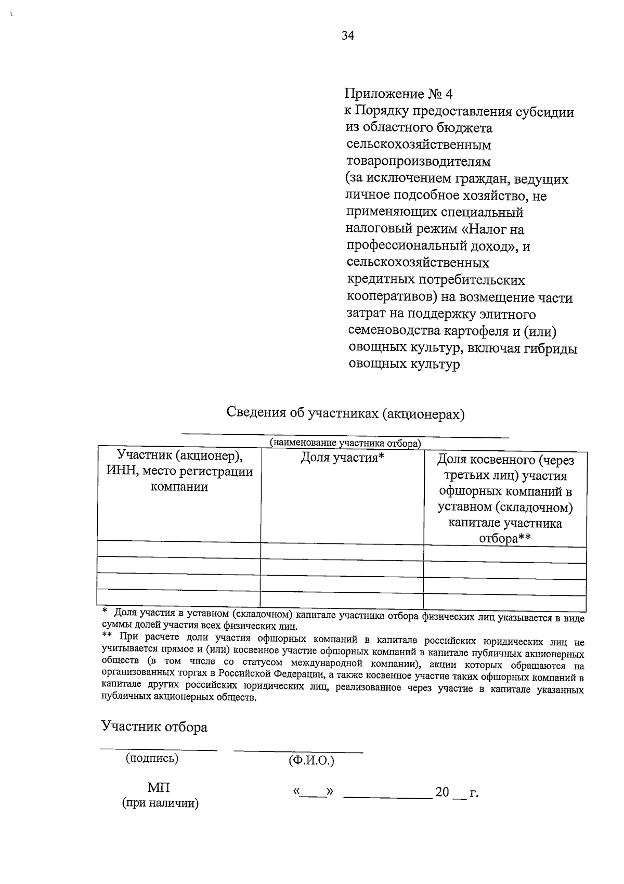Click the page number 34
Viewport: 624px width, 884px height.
[x=348, y=35]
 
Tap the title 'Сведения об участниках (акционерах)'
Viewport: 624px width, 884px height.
[x=345, y=414]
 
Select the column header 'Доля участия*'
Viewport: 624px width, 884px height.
[x=342, y=458]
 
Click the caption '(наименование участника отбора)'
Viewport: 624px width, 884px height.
[x=345, y=443]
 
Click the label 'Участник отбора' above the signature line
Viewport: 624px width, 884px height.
[x=154, y=726]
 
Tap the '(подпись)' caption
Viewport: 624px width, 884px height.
[x=152, y=758]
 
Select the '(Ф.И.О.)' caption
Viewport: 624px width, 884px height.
[x=311, y=761]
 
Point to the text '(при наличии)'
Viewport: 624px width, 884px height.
[x=160, y=803]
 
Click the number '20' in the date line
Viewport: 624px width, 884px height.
[x=442, y=792]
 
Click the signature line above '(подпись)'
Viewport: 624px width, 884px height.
[x=159, y=749]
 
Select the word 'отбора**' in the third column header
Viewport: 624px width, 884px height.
[x=504, y=539]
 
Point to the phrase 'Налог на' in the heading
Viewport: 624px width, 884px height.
[x=500, y=229]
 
